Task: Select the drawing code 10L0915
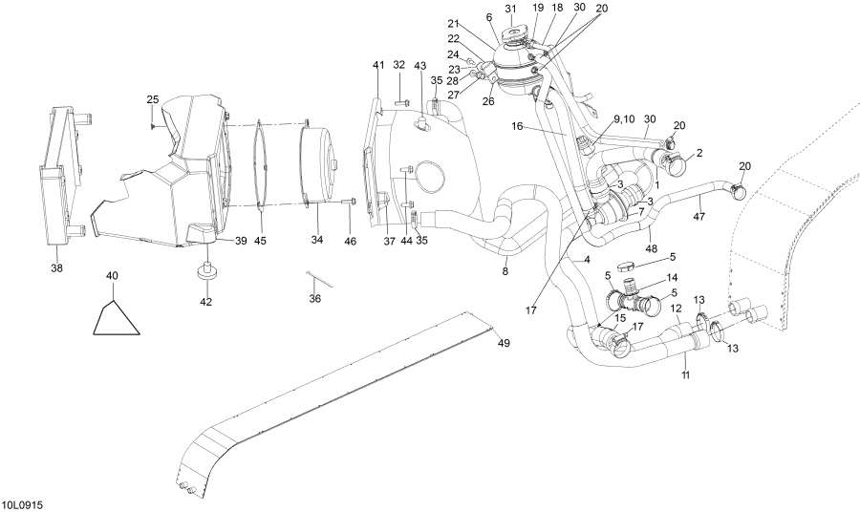click(x=23, y=503)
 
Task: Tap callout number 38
click(x=57, y=268)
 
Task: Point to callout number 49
click(x=504, y=343)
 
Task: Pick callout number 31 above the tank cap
click(x=510, y=9)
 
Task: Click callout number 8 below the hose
click(x=505, y=270)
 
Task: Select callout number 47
click(x=699, y=217)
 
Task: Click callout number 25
click(x=153, y=99)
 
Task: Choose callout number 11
click(x=685, y=375)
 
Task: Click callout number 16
click(x=518, y=126)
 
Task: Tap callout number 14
click(x=672, y=277)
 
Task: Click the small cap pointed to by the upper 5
click(x=627, y=267)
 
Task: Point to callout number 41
click(x=378, y=65)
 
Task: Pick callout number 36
click(x=314, y=299)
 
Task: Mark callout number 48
click(x=651, y=249)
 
